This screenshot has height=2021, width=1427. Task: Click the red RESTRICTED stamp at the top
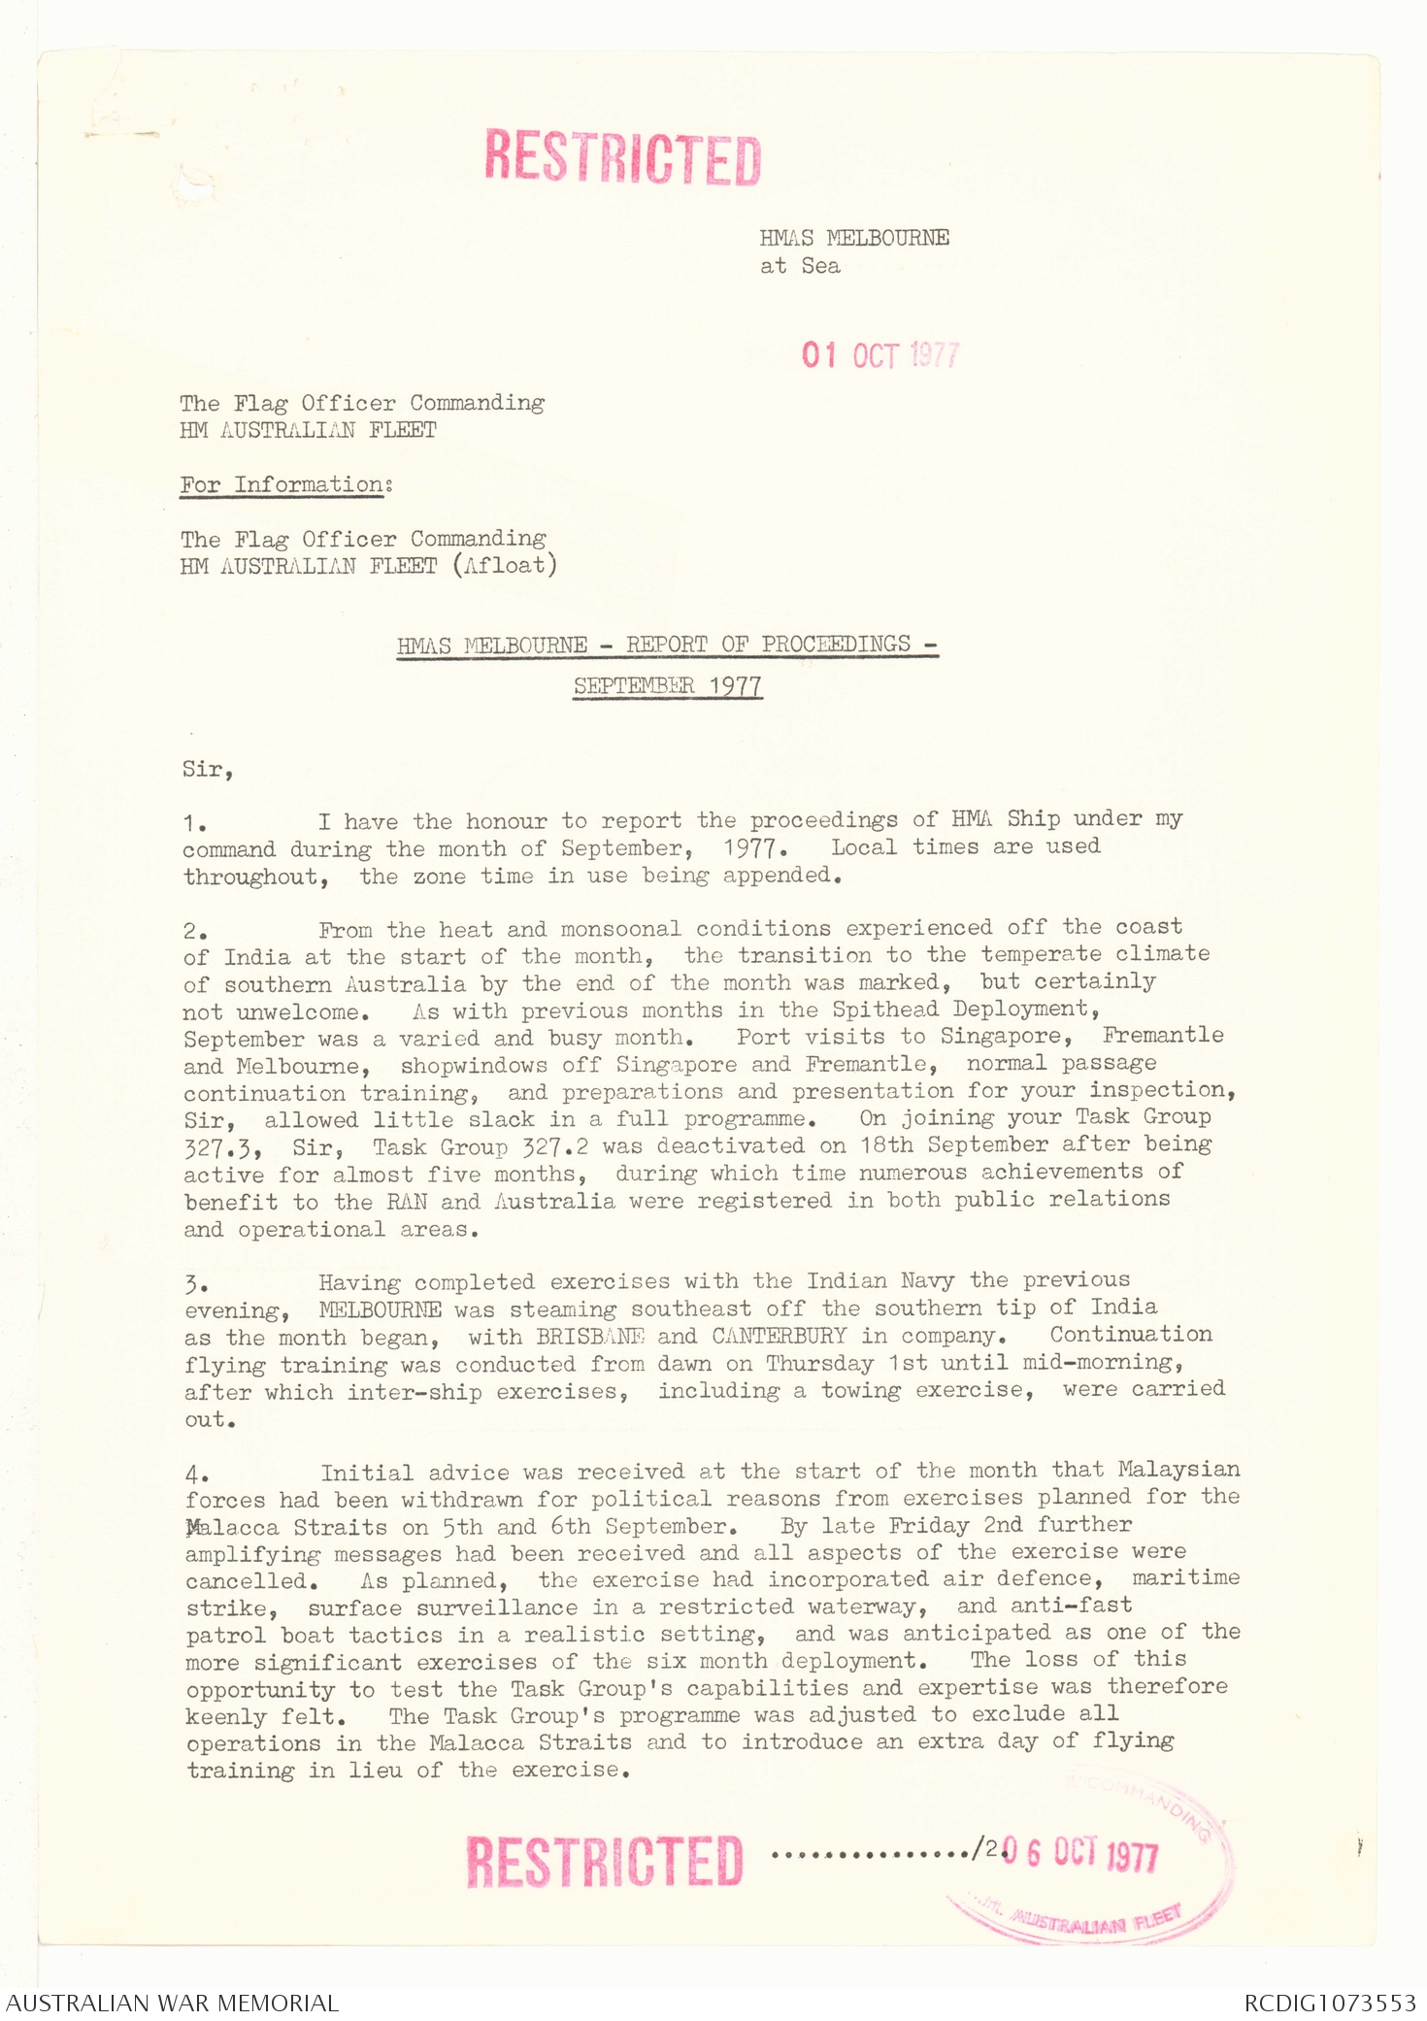(x=622, y=157)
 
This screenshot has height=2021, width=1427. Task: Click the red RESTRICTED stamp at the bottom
(x=604, y=1860)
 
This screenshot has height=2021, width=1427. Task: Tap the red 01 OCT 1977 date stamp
(x=879, y=355)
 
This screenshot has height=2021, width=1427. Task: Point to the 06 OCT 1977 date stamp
(x=1079, y=1854)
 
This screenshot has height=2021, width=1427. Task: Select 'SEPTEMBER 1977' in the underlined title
(x=667, y=686)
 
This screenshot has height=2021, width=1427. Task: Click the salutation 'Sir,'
(x=208, y=770)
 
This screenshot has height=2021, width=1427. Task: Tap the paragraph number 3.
(x=194, y=1285)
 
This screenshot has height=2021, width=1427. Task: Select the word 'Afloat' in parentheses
(x=505, y=565)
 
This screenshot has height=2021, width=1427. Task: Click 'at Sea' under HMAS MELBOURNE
(x=800, y=266)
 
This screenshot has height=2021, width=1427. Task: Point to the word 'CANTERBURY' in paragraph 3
(x=779, y=1336)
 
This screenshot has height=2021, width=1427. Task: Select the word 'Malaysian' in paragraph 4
(x=1178, y=1470)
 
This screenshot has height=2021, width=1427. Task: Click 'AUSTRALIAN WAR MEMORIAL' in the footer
(x=173, y=2003)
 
